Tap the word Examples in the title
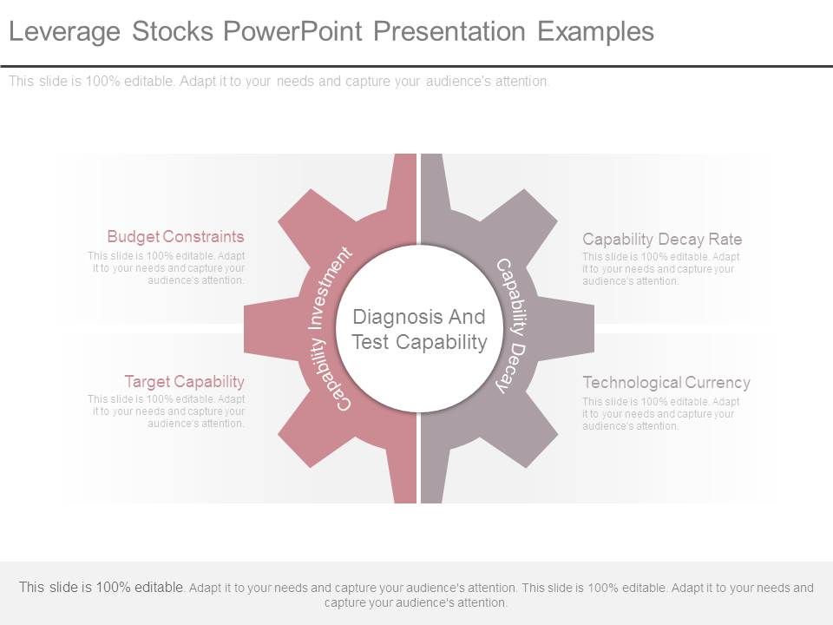(595, 32)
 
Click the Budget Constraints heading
(175, 236)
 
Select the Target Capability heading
(184, 381)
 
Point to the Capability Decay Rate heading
(662, 239)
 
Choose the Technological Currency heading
(666, 382)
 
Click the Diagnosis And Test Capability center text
(419, 329)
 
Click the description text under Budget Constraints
(167, 268)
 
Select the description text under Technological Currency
(660, 414)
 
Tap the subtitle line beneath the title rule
(279, 82)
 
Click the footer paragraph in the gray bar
(416, 595)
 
